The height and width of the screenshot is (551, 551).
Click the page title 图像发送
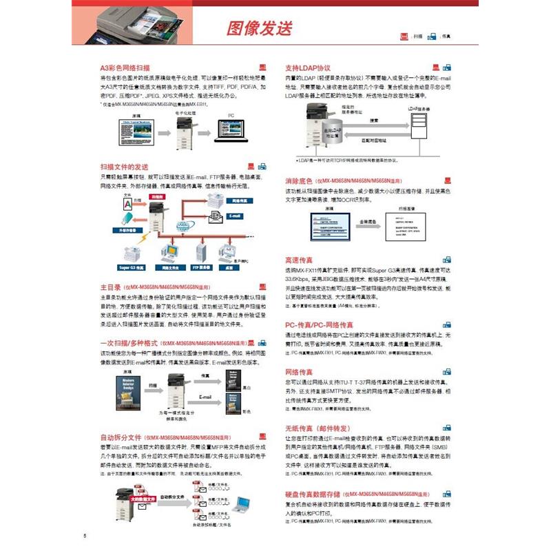tap(260, 28)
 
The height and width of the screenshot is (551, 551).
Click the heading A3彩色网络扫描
tap(125, 69)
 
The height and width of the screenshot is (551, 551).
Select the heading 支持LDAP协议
tap(309, 68)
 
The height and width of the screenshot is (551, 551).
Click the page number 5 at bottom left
tap(85, 536)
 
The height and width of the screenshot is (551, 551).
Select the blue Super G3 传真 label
tap(131, 267)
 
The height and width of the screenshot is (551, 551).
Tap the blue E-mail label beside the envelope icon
tap(236, 216)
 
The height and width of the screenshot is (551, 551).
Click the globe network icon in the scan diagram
tap(182, 227)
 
